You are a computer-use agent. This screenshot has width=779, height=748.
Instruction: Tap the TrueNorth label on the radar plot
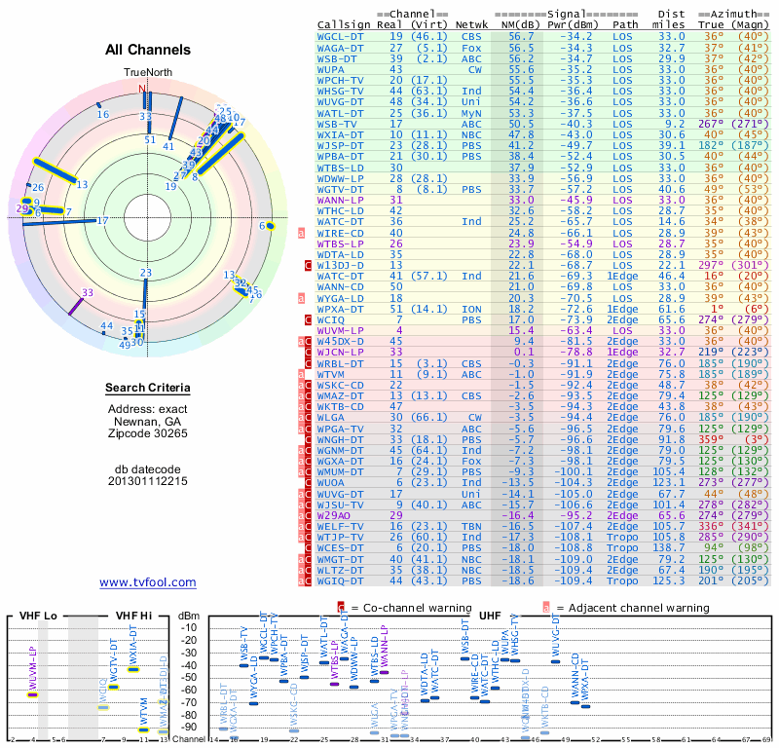click(146, 73)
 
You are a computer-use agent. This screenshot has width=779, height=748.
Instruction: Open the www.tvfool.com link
click(148, 582)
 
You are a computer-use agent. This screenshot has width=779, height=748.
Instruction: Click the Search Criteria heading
click(148, 389)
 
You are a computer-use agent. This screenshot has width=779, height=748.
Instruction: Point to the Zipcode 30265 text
click(148, 432)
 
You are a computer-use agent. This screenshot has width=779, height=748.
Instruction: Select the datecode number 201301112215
click(148, 481)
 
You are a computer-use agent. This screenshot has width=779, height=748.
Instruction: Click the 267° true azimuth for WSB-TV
click(712, 124)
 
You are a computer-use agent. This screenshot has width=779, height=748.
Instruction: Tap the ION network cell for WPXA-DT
click(472, 309)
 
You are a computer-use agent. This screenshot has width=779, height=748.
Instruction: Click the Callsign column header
click(344, 23)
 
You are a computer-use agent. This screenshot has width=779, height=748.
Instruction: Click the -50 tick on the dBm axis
click(188, 678)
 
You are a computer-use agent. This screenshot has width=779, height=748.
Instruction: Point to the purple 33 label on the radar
click(88, 292)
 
